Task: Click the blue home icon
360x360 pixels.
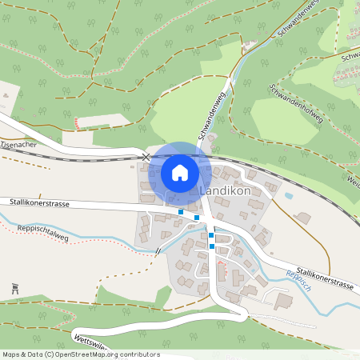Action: (x=180, y=173)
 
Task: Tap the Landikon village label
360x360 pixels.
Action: (x=225, y=193)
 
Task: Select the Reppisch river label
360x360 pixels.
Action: (x=295, y=279)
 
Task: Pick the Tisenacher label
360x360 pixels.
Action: (x=19, y=145)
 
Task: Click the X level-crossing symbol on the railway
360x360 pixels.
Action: (x=146, y=158)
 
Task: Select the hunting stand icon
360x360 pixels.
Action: (x=15, y=288)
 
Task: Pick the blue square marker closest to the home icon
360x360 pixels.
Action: (x=182, y=211)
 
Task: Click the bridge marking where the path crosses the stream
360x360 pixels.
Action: (x=158, y=250)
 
